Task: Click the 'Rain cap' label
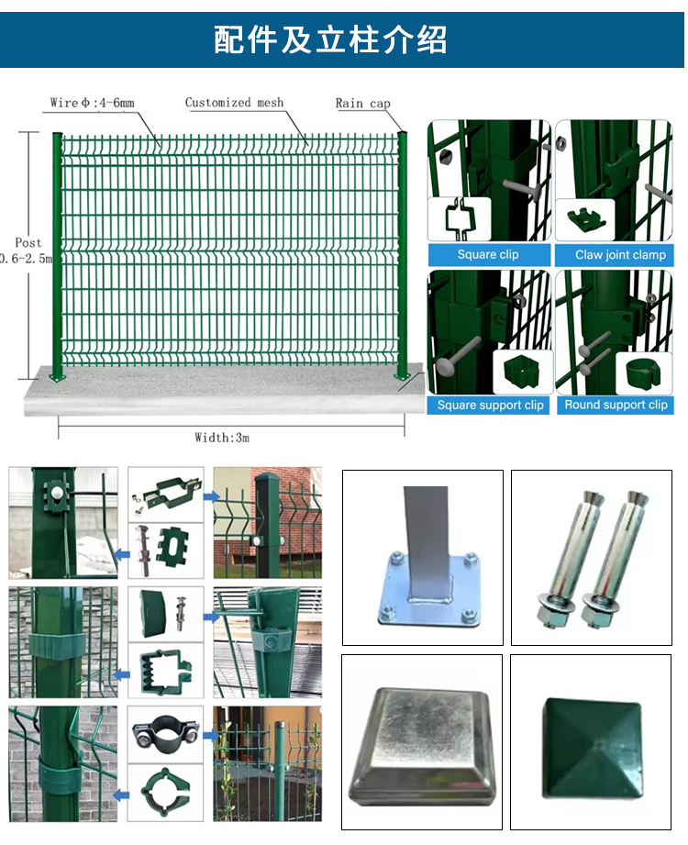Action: [x=362, y=104]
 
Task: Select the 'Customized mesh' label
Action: [x=234, y=103]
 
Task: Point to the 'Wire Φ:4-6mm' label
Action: [x=92, y=103]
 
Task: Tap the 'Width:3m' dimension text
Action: [x=222, y=438]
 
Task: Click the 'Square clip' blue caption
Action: [x=489, y=255]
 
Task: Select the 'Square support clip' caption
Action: [x=490, y=406]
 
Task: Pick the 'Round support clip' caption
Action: [x=616, y=405]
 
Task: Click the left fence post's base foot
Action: [x=58, y=376]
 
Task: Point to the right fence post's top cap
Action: [x=402, y=136]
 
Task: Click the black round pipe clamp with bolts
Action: [x=166, y=735]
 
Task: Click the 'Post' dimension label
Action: [x=28, y=243]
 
